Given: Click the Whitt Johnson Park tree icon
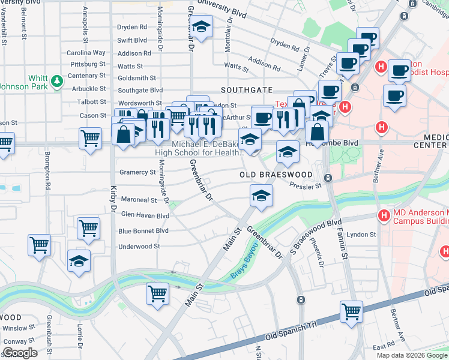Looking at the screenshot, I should point(56,80).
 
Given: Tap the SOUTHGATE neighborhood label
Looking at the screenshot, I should point(246,90).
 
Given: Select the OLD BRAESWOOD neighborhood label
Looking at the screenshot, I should point(276,175).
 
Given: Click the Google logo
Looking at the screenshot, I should point(20,352).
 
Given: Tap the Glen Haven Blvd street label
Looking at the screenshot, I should point(145,215).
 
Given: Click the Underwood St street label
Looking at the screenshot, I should point(139,246).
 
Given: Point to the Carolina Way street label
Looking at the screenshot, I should point(86,53).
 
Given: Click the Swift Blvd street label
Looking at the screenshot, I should point(132,40).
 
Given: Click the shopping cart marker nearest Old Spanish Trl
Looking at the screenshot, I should point(351,311).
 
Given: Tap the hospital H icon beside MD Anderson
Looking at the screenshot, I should point(382,215).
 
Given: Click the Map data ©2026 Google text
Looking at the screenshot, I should point(412,355).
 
